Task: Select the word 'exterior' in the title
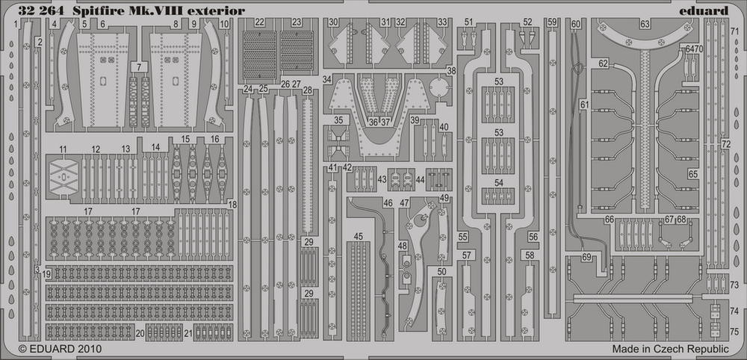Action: pyautogui.click(x=222, y=10)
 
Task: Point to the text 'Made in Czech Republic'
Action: pyautogui.click(x=671, y=349)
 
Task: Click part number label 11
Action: pyautogui.click(x=63, y=149)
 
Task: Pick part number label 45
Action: pyautogui.click(x=359, y=236)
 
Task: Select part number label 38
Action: pyautogui.click(x=452, y=71)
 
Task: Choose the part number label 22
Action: pyautogui.click(x=259, y=22)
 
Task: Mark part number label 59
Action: pyautogui.click(x=552, y=22)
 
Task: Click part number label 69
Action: pyautogui.click(x=586, y=258)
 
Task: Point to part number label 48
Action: pyautogui.click(x=403, y=246)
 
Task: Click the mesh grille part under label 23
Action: pyautogui.click(x=297, y=51)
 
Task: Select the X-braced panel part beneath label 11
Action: pyautogui.click(x=63, y=177)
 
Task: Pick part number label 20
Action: pyautogui.click(x=140, y=334)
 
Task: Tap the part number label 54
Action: pyautogui.click(x=499, y=182)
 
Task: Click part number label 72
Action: pyautogui.click(x=725, y=144)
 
